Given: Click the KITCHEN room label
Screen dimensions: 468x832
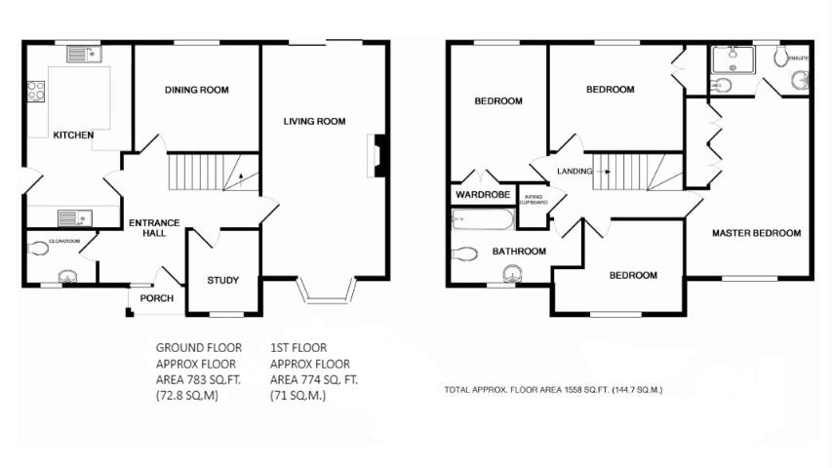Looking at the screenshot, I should pyautogui.click(x=73, y=135).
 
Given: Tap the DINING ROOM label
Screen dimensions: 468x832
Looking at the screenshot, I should pyautogui.click(x=196, y=90).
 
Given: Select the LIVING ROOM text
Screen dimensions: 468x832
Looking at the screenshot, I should pyautogui.click(x=314, y=122).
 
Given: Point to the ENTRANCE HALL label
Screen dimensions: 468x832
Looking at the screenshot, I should pyautogui.click(x=154, y=228).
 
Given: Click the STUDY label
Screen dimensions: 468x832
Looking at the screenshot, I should pyautogui.click(x=222, y=281).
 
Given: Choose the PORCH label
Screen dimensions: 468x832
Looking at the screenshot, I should pyautogui.click(x=156, y=298).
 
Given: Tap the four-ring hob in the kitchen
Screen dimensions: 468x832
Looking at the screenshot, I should pyautogui.click(x=36, y=92).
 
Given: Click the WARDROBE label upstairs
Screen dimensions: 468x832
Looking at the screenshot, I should pyautogui.click(x=482, y=195).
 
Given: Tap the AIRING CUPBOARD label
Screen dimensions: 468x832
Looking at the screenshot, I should pyautogui.click(x=533, y=199).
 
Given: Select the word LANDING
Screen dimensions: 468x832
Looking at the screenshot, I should pyautogui.click(x=574, y=172).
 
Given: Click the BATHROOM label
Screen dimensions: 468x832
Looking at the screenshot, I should pyautogui.click(x=518, y=251).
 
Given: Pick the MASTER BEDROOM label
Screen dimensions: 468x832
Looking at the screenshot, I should pyautogui.click(x=756, y=233).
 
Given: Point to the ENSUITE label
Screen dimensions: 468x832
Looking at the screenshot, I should pyautogui.click(x=798, y=56).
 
